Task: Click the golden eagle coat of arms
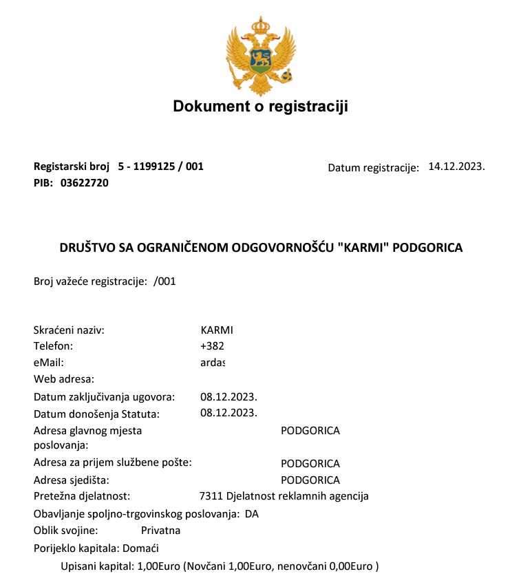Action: coord(260,55)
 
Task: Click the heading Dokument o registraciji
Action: coord(260,107)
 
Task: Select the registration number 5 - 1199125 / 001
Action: coord(161,167)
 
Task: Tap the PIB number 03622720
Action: coord(85,183)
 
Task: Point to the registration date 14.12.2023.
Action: coord(456,167)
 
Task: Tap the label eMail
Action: coord(48,361)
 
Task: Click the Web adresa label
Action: coord(63,378)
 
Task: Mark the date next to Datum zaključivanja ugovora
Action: coord(228,397)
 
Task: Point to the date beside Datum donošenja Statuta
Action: coord(228,413)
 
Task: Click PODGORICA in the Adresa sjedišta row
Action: coord(310,480)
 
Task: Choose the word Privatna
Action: coord(160,531)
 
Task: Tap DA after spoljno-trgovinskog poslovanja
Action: coord(252,514)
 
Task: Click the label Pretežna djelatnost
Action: coord(82,496)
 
